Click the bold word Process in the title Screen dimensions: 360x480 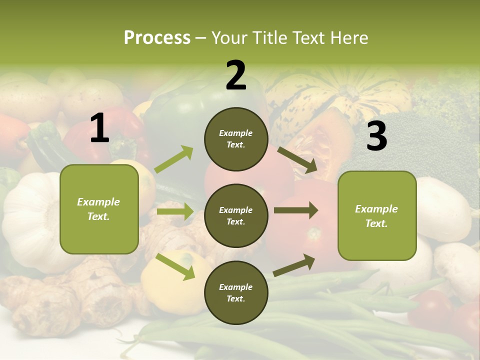[x=157, y=38]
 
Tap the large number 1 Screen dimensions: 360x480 [x=99, y=128]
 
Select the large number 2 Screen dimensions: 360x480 [x=236, y=75]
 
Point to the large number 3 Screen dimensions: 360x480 [x=376, y=136]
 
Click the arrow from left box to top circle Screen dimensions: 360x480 [x=174, y=159]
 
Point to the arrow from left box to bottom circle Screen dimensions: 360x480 [x=175, y=266]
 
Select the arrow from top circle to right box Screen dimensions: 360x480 [x=297, y=160]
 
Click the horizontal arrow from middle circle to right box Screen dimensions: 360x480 [x=296, y=210]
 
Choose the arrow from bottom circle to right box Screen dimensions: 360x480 [x=294, y=265]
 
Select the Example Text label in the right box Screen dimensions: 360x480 [x=377, y=215]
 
